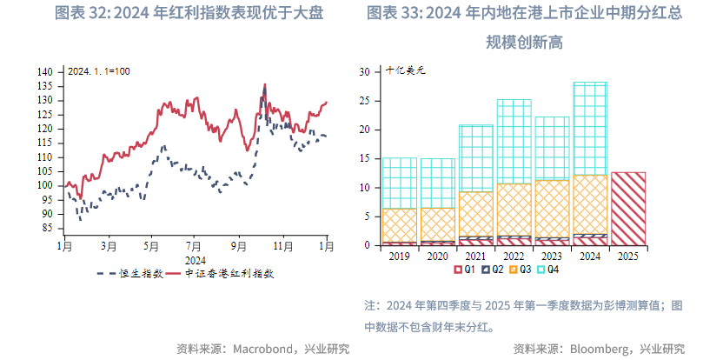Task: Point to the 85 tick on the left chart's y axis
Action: point(49,228)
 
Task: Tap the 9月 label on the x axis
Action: point(239,247)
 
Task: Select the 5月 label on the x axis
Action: point(151,247)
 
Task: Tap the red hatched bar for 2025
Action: point(628,209)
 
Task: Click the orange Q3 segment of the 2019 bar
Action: point(400,224)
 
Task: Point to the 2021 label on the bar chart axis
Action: point(475,257)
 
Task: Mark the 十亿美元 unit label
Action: point(404,71)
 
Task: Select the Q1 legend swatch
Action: point(458,270)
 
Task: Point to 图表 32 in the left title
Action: point(83,13)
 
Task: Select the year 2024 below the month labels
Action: point(196,259)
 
